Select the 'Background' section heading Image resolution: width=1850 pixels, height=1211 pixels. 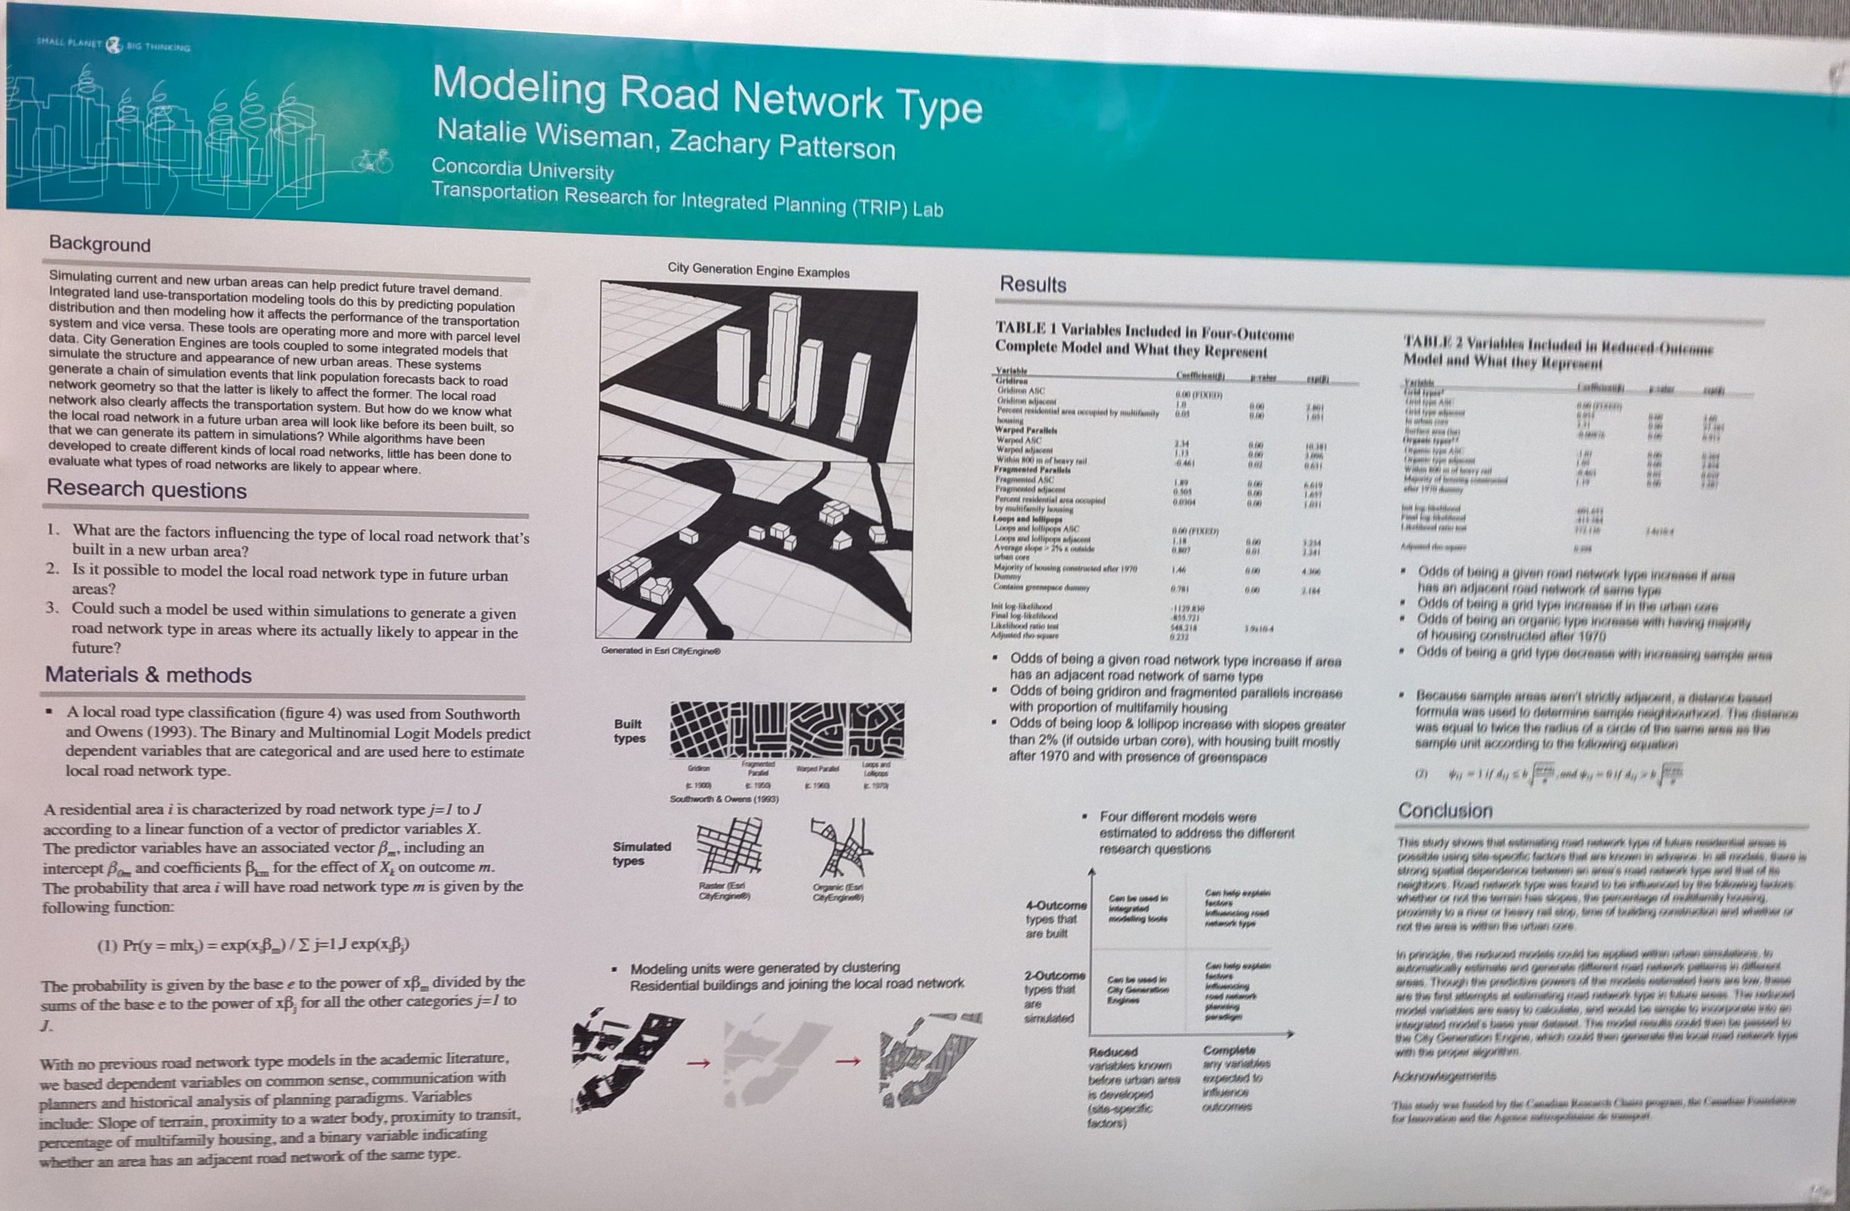tap(99, 244)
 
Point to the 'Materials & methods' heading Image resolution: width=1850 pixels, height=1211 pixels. tap(148, 675)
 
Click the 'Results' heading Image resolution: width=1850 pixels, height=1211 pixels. tap(1032, 285)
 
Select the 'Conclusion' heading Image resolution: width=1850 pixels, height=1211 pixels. tap(1445, 810)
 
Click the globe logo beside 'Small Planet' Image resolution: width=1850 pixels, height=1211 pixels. tap(114, 45)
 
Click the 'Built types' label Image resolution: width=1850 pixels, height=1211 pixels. tap(629, 731)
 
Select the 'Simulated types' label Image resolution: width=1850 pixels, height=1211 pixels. tap(641, 853)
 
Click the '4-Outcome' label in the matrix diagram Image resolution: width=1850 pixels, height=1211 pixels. tap(1056, 905)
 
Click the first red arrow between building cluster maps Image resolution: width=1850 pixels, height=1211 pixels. tap(699, 1062)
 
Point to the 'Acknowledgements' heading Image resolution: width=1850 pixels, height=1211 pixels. tap(1443, 1077)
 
